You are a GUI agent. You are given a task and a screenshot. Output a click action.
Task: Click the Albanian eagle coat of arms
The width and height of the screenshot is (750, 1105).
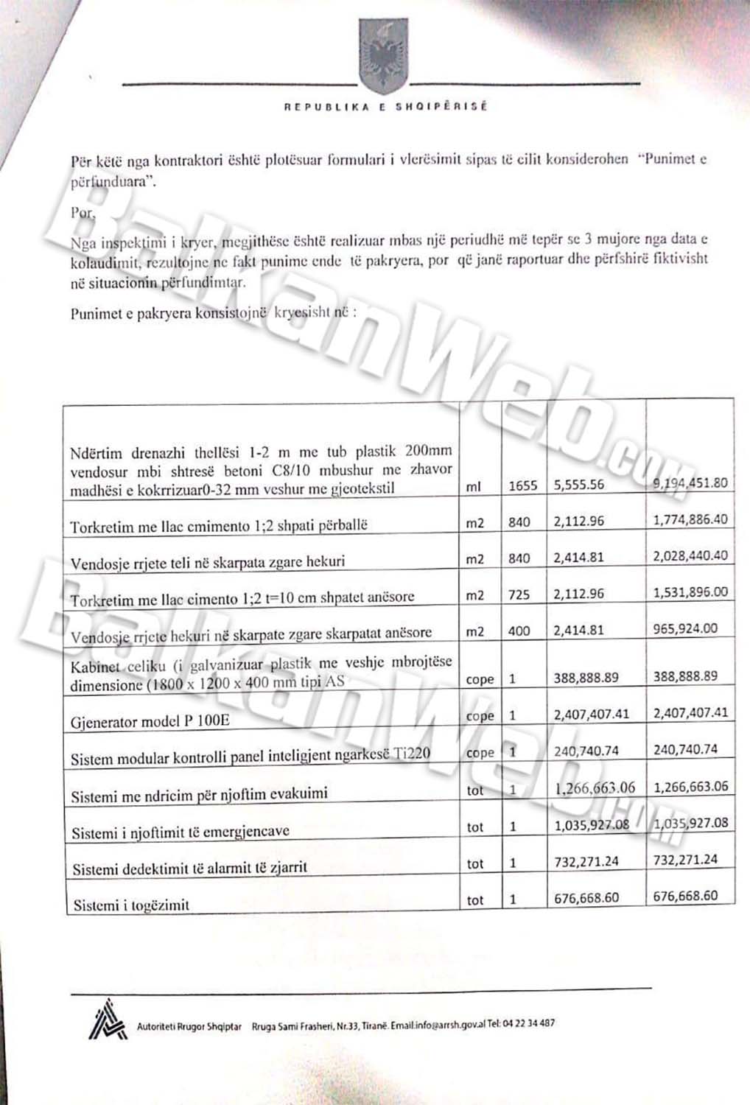(x=382, y=55)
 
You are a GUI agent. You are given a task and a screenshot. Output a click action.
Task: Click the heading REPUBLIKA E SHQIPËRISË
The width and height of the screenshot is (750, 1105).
(x=385, y=107)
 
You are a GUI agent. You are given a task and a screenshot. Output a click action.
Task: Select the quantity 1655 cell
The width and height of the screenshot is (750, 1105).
(x=523, y=485)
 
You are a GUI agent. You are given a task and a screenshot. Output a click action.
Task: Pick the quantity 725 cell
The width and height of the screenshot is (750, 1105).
(x=519, y=594)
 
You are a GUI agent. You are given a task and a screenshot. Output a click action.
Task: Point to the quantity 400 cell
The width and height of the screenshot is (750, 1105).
(x=519, y=631)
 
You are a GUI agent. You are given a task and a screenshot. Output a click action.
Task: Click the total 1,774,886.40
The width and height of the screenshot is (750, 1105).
(x=690, y=519)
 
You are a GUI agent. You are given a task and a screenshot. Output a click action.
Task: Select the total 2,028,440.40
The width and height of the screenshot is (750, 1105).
(x=690, y=555)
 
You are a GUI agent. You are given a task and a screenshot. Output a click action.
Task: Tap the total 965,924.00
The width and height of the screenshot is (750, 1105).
(x=685, y=628)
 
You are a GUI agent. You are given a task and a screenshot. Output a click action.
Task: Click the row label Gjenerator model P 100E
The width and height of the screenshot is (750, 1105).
(x=150, y=721)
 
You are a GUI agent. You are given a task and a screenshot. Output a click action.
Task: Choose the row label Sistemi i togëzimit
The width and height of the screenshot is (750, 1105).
(x=131, y=905)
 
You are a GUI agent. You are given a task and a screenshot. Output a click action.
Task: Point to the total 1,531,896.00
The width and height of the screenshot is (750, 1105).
(x=690, y=592)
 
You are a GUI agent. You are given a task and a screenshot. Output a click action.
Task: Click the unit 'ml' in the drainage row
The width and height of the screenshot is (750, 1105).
(x=474, y=486)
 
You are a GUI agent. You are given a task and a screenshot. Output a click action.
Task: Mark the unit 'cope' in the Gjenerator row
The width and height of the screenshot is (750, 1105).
(x=480, y=716)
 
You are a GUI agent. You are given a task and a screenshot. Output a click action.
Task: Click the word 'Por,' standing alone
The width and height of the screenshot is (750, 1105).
(x=83, y=213)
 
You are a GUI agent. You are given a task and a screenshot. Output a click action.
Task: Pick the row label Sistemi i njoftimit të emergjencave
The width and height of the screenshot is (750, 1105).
(x=181, y=832)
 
